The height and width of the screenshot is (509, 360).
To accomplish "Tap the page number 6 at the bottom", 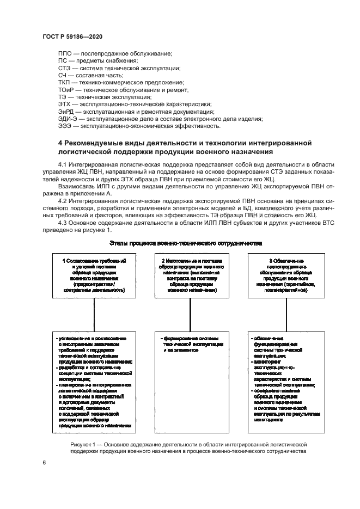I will [43, 463].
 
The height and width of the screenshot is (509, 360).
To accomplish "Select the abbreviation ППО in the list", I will [65, 53].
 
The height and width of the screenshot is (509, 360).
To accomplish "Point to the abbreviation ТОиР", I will [66, 90].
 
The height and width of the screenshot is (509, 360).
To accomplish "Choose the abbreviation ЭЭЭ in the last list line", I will [65, 126].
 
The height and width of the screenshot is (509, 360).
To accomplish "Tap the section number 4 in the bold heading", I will [60, 143].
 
